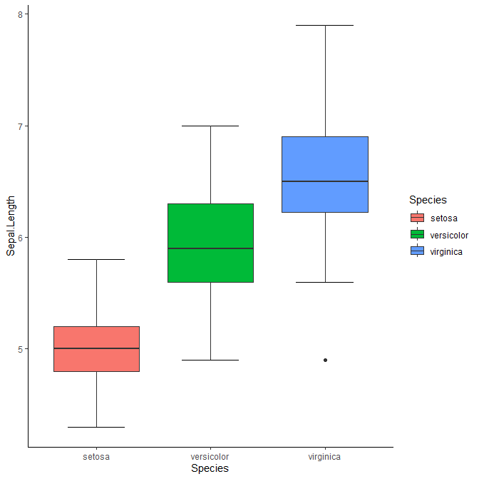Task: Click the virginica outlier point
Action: (325, 360)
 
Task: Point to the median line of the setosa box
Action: (96, 348)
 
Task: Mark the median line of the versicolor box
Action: (210, 248)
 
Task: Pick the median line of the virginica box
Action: (325, 181)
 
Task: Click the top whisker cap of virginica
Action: (325, 25)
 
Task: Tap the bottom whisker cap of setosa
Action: (96, 427)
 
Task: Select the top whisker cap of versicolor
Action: (210, 126)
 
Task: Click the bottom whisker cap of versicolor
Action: (210, 360)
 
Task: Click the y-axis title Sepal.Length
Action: (11, 226)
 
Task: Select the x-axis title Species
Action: (210, 468)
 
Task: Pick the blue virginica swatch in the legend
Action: (417, 251)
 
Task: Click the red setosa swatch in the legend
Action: (417, 218)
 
